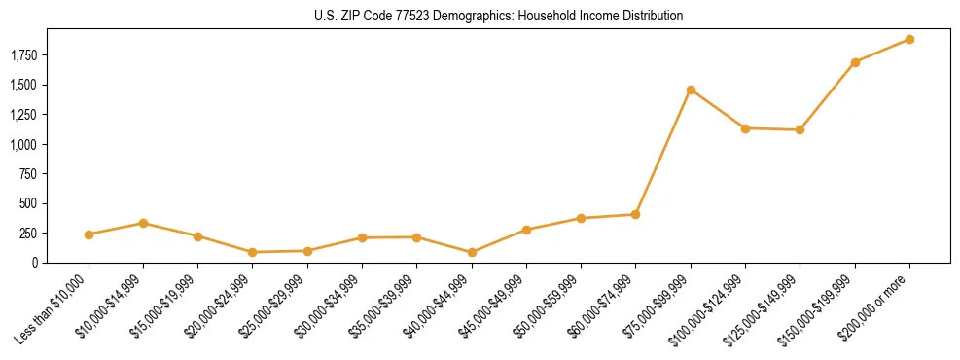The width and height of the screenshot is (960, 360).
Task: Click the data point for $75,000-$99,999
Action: tap(691, 90)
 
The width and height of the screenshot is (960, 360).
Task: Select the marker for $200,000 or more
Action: tap(909, 39)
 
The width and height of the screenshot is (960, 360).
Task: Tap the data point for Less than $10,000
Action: tap(89, 234)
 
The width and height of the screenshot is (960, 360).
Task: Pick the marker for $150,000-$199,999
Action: tap(855, 62)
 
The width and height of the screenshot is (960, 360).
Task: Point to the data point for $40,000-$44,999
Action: tap(472, 252)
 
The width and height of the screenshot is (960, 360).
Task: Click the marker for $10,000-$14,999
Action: tap(144, 223)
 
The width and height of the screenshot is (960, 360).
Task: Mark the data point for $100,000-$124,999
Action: tap(745, 128)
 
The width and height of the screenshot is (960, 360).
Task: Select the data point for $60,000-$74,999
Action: tap(636, 214)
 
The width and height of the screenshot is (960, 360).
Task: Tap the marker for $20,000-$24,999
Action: tap(253, 252)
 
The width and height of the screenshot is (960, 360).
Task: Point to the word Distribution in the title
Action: tap(652, 17)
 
